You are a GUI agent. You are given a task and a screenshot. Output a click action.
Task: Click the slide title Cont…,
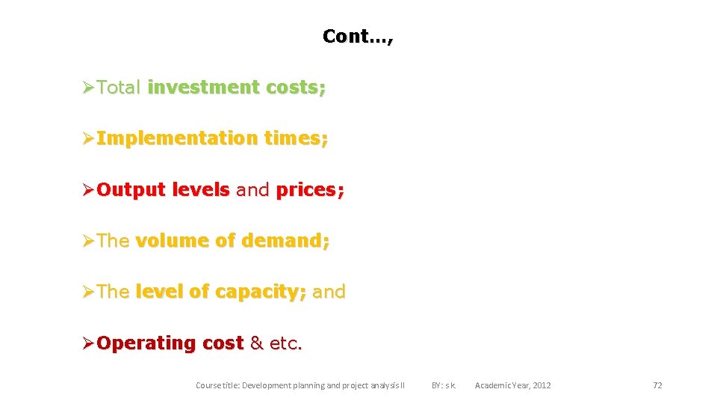[357, 36]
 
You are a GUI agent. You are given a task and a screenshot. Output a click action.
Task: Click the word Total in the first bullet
[119, 88]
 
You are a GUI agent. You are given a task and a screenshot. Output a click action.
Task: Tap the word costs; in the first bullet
[297, 88]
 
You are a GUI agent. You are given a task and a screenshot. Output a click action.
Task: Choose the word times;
[296, 138]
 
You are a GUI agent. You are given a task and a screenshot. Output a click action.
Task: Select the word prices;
[310, 190]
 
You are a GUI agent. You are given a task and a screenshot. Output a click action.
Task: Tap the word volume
[172, 241]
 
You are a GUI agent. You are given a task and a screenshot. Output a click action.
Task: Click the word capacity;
[260, 292]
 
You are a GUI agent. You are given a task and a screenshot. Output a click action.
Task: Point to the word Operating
[146, 343]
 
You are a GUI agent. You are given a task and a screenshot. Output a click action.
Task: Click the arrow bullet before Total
[88, 88]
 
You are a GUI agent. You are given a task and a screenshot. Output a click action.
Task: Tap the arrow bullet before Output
[88, 190]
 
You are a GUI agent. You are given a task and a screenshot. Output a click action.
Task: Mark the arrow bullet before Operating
[88, 343]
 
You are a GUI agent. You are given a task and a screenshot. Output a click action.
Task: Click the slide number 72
[657, 385]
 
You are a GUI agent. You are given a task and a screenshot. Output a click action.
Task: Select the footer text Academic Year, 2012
[513, 385]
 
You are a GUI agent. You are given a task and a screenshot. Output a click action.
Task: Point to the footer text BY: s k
[444, 385]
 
